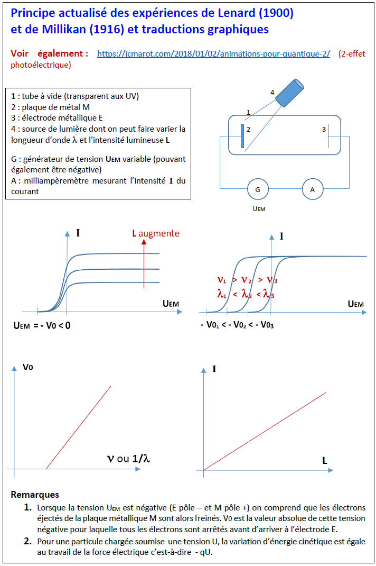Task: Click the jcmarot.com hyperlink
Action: coord(213,54)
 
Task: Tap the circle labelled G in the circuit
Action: coord(257,189)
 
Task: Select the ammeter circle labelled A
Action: coord(312,189)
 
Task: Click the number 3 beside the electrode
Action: coord(324,129)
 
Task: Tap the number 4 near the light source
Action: coord(272,93)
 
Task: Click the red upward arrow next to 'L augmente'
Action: coord(144,259)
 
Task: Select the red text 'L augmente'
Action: coord(156,233)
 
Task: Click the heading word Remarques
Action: coord(35,495)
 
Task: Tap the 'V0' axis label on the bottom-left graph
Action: coord(28,367)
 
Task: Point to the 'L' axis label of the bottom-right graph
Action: coord(325,461)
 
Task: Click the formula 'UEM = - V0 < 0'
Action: coord(42,325)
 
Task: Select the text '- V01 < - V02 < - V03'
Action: coord(237,325)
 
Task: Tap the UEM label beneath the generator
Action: coord(258,208)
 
